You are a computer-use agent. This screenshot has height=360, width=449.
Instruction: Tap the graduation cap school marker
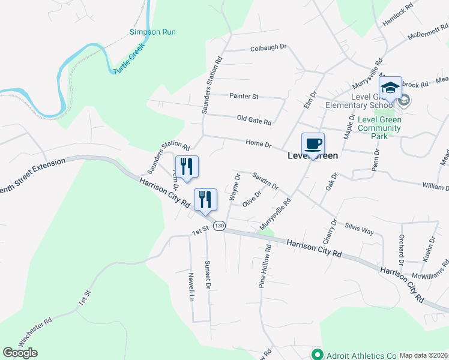pyautogui.click(x=390, y=88)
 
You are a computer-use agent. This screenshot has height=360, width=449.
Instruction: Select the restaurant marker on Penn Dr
pyautogui.click(x=187, y=166)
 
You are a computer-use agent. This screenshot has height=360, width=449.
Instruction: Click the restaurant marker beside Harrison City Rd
pyautogui.click(x=205, y=200)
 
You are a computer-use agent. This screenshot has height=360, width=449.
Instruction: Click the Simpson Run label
pyautogui.click(x=153, y=31)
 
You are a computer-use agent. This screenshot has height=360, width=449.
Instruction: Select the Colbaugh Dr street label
pyautogui.click(x=268, y=47)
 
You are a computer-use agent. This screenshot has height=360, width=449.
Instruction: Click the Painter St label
pyautogui.click(x=244, y=96)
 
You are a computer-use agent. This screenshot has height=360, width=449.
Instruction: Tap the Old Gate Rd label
pyautogui.click(x=254, y=121)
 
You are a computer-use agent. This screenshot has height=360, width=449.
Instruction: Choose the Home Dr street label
pyautogui.click(x=259, y=144)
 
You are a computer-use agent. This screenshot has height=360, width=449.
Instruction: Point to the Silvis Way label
pyautogui.click(x=360, y=230)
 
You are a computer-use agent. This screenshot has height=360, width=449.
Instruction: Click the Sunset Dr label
pyautogui.click(x=208, y=275)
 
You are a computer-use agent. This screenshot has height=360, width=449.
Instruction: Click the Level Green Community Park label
pyautogui.click(x=379, y=128)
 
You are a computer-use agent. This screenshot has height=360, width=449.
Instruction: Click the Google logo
pyautogui.click(x=20, y=353)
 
